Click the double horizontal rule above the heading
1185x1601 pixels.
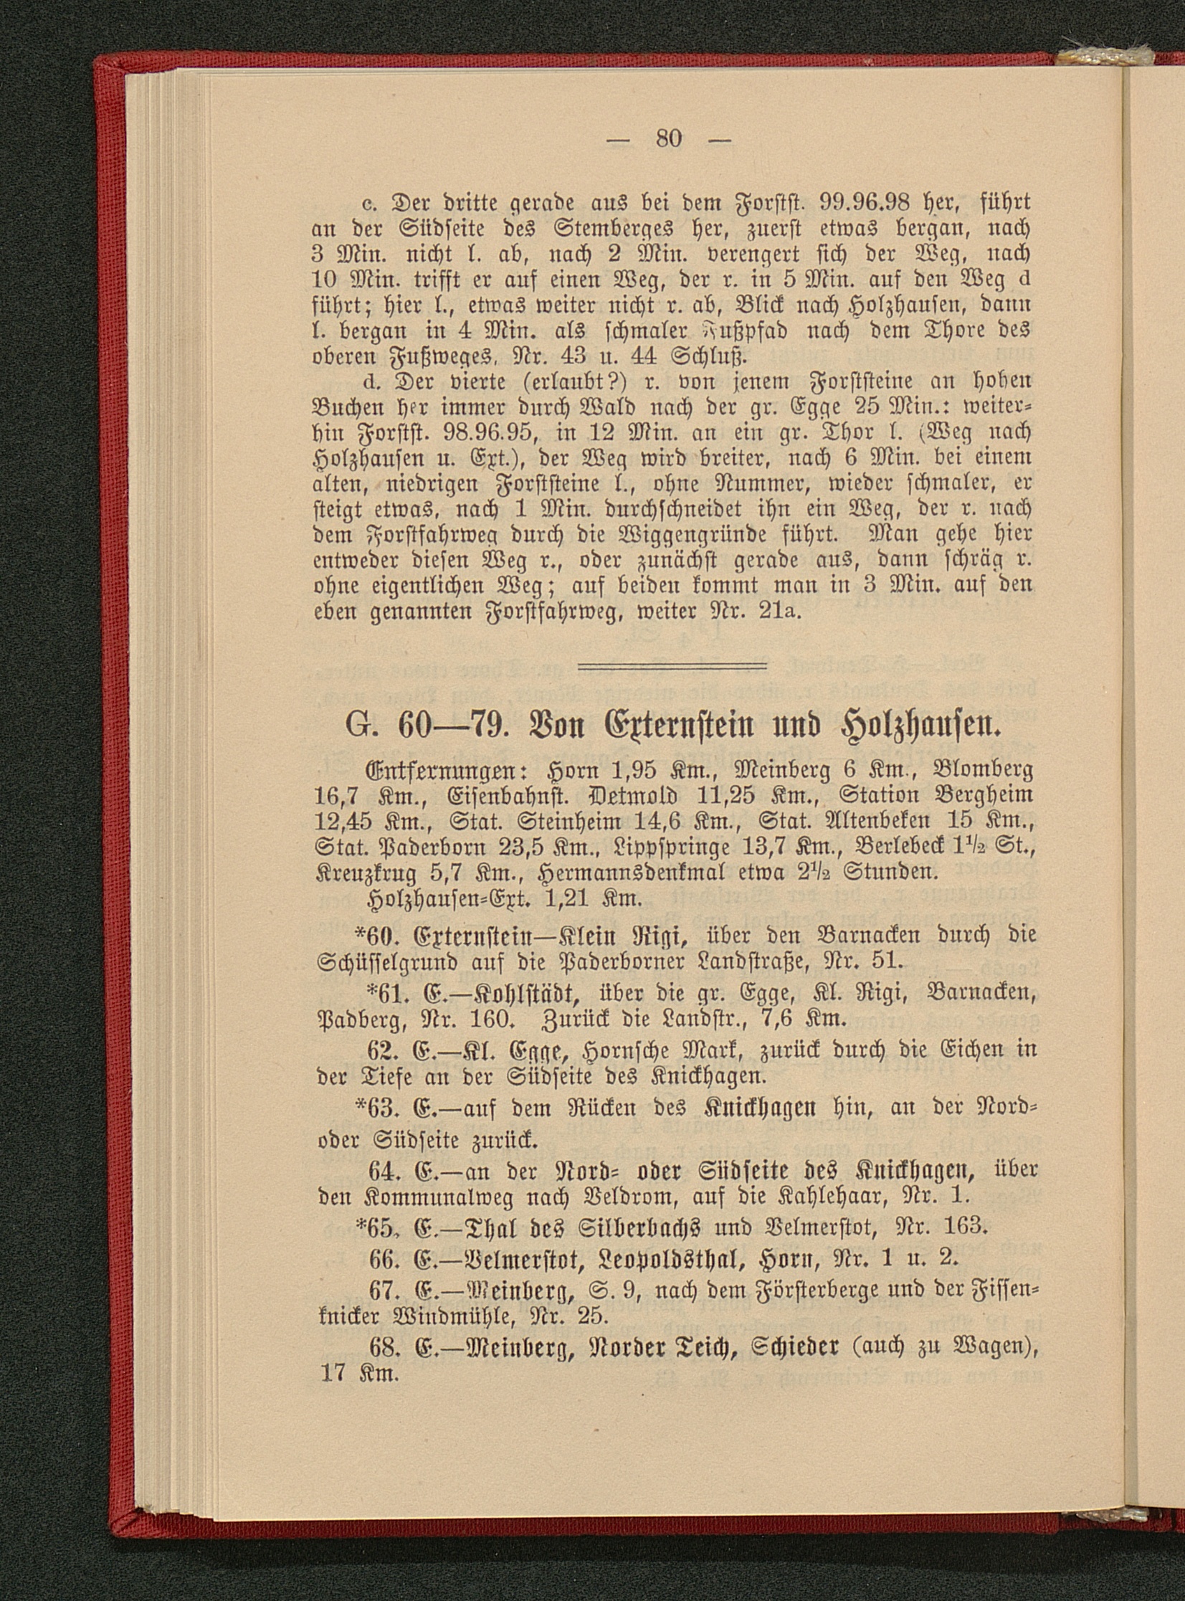673,668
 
